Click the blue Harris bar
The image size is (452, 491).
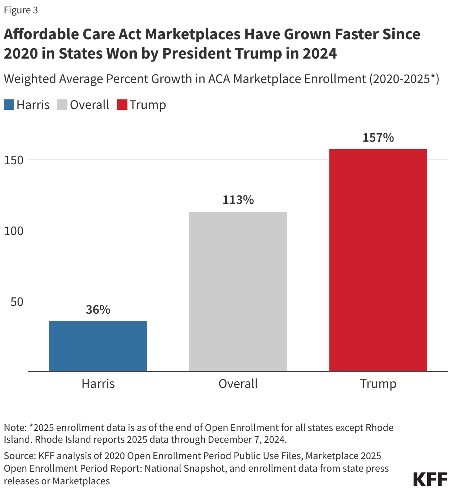98,346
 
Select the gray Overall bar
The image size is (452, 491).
238,291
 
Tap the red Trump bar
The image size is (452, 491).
378,260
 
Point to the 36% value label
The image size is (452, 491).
98,310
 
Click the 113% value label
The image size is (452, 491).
238,200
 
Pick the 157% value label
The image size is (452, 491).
378,138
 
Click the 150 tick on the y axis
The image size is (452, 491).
14,160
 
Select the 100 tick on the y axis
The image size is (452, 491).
14,231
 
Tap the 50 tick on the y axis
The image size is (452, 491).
17,301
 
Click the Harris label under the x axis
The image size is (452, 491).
98,383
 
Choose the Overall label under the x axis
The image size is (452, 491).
238,383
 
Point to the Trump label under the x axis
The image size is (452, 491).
378,383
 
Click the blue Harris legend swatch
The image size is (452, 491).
9,105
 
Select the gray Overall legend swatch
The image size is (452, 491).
62,105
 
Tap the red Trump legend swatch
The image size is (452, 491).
122,105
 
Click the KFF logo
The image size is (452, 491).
430,479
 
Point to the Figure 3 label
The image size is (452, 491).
21,10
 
